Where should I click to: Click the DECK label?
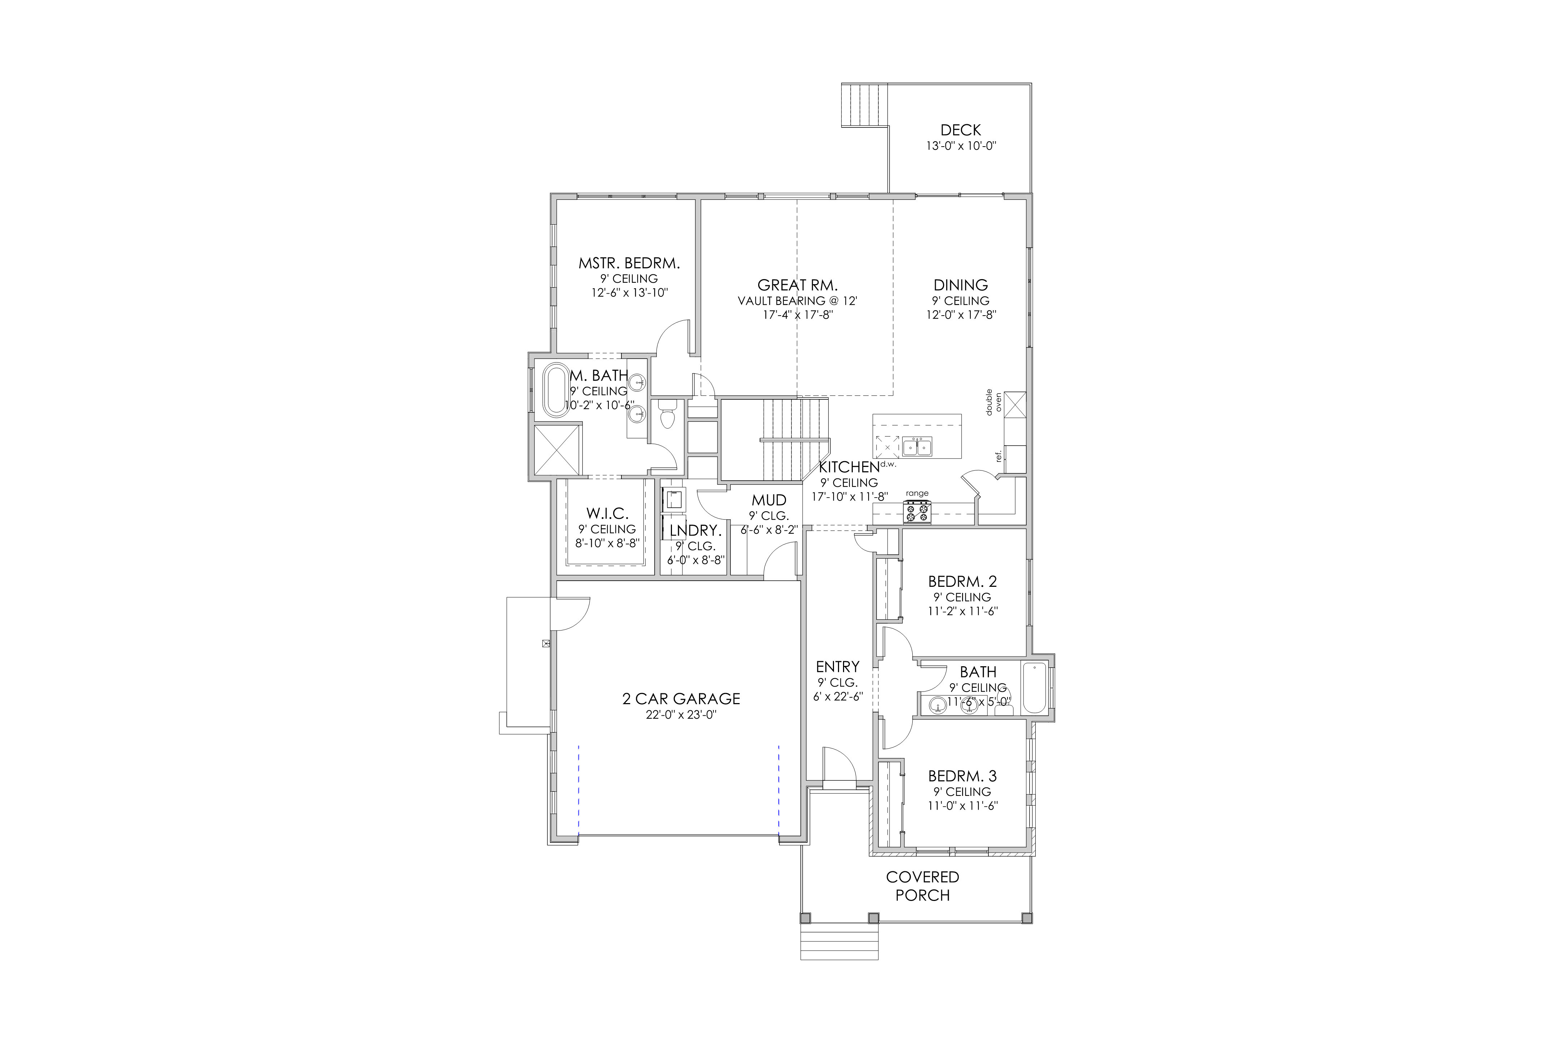960,130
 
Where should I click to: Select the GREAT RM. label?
798,285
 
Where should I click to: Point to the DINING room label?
960,285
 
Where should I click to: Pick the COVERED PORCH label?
923,886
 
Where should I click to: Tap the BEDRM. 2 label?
962,582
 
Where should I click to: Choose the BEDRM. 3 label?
962,776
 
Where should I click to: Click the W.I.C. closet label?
607,513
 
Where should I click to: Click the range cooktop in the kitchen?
917,512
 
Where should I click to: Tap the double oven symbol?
1015,404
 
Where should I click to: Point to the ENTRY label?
838,667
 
